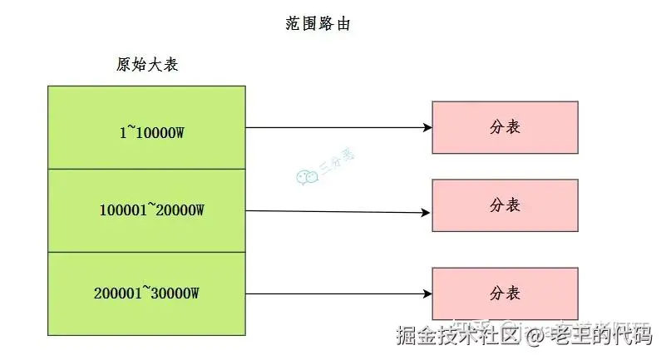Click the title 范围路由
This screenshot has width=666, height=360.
pos(318,23)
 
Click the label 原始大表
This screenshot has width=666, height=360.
pos(147,65)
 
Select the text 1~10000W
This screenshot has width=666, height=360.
pos(151,131)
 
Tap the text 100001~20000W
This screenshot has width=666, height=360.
pos(151,210)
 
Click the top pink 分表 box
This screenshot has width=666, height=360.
pos(505,127)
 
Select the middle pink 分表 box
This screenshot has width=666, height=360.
pos(505,205)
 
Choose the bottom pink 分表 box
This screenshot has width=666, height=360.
pos(505,293)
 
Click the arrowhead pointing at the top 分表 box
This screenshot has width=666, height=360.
pos(427,128)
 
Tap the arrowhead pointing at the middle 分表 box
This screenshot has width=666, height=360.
pos(427,212)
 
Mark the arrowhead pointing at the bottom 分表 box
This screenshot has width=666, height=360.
pos(427,293)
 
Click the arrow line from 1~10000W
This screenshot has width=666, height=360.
pos(333,128)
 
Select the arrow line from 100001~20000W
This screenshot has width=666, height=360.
pos(333,211)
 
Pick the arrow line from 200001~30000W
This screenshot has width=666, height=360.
pos(333,293)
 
